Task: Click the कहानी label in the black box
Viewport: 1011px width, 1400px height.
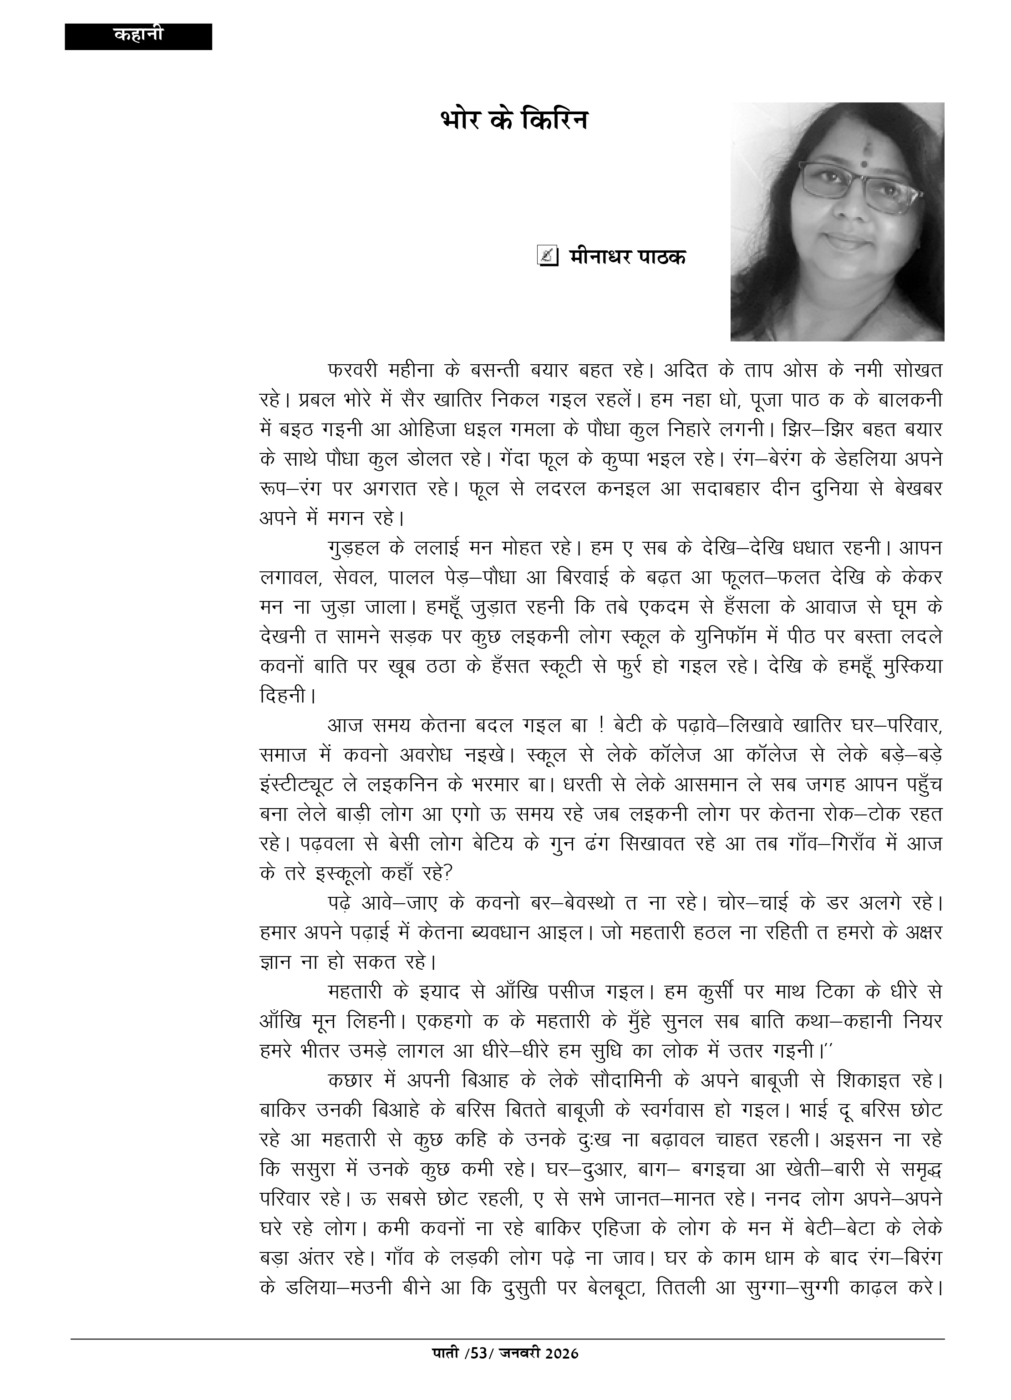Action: click(138, 35)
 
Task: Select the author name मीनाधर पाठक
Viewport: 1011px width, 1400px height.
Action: click(627, 256)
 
